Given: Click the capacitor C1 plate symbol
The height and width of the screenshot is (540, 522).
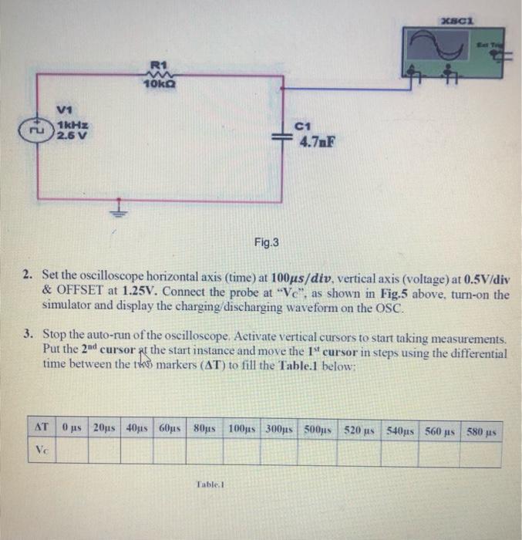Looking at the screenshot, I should coord(282,133).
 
